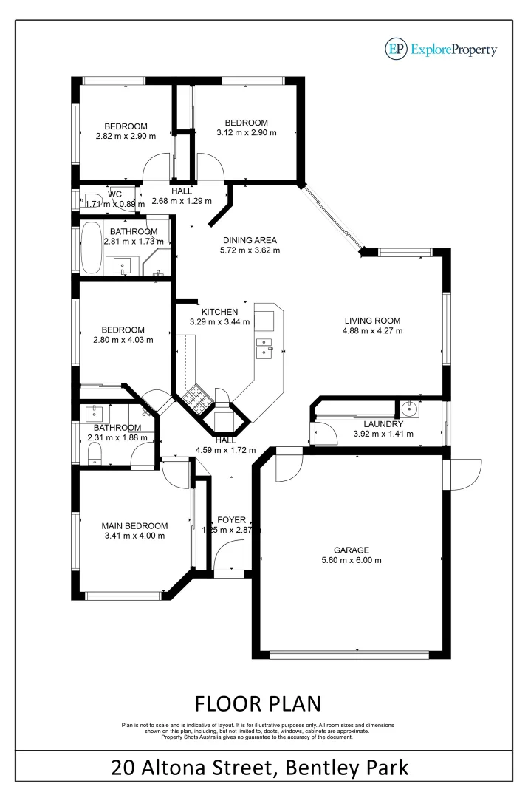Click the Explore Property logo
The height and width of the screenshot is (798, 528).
coord(441,50)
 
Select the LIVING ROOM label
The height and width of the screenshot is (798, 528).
coord(372,321)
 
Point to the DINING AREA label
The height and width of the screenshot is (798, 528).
coord(250,240)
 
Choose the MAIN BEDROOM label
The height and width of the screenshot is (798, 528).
coord(134,526)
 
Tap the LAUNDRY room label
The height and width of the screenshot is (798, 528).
coord(383,424)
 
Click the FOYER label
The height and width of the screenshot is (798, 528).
coord(231,520)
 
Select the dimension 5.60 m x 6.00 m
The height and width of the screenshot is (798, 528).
coord(352,560)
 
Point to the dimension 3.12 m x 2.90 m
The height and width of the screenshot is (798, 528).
coord(246,133)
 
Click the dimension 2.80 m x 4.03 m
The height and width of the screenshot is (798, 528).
coord(123,340)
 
